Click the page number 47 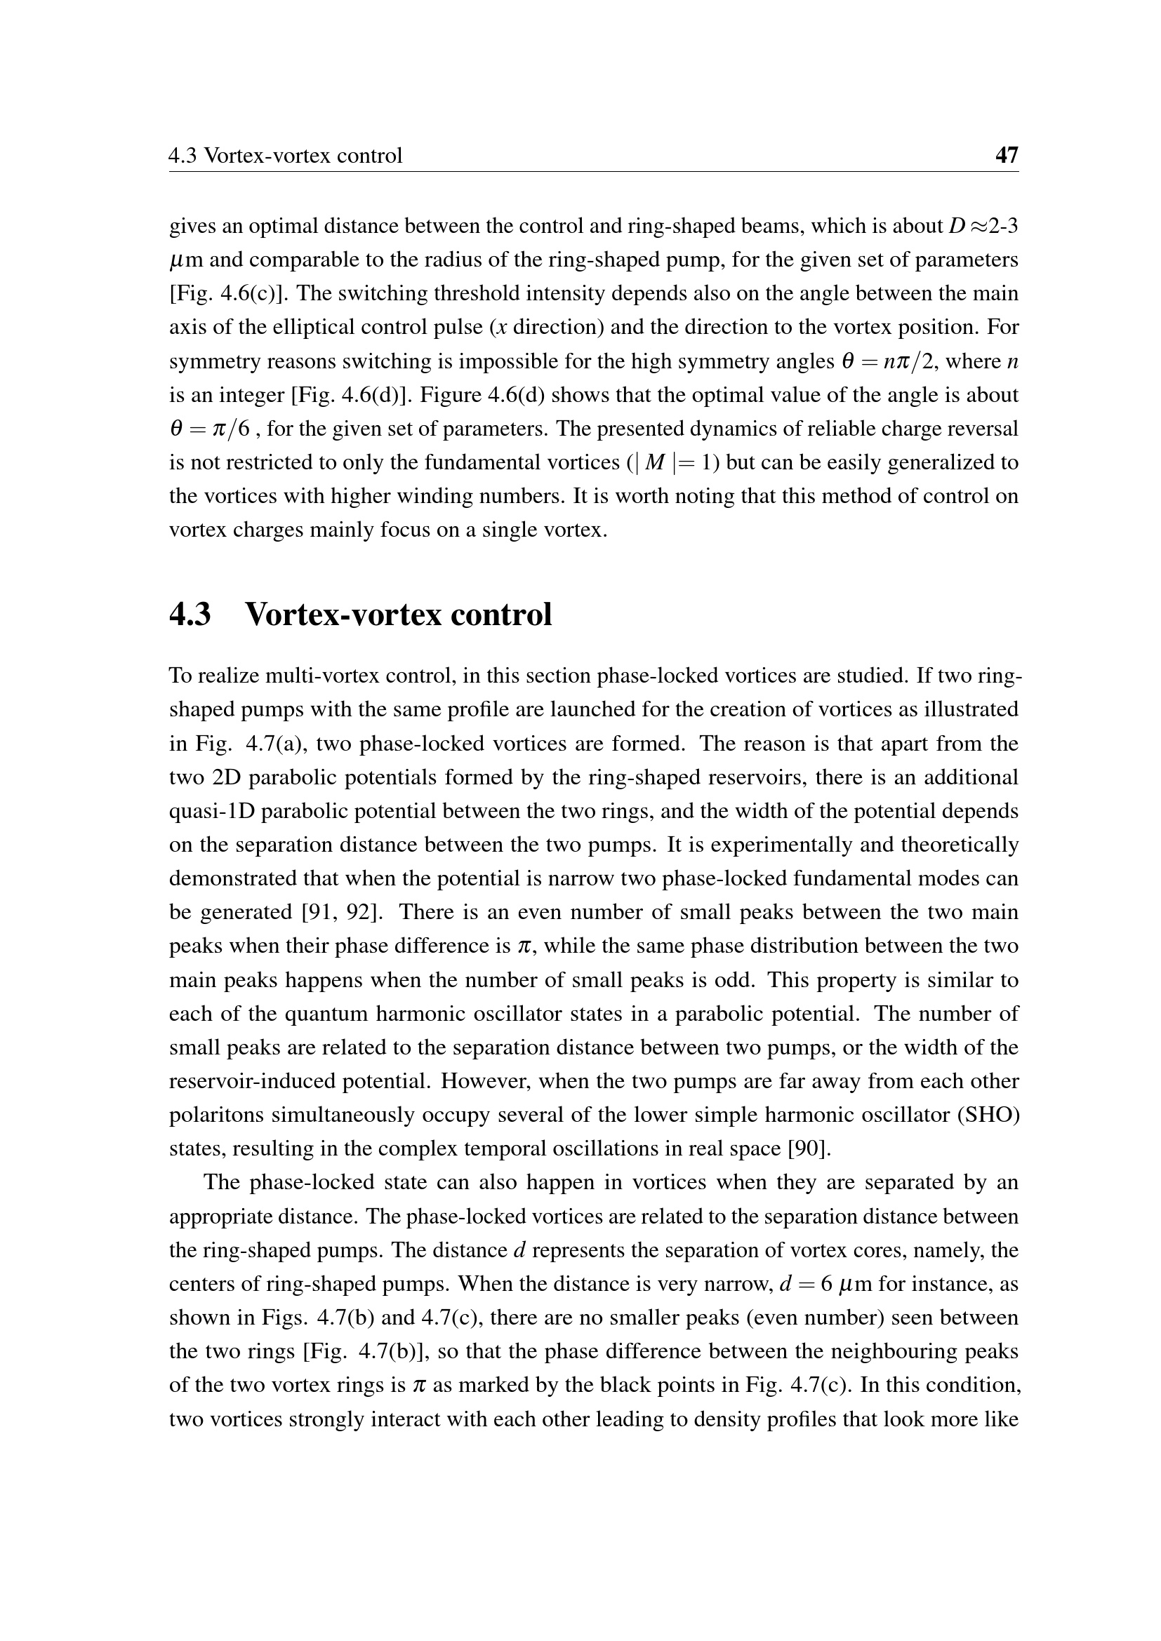(x=1007, y=155)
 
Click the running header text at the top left (x=285, y=155)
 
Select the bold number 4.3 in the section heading (x=190, y=614)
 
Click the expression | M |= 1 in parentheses (x=672, y=463)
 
